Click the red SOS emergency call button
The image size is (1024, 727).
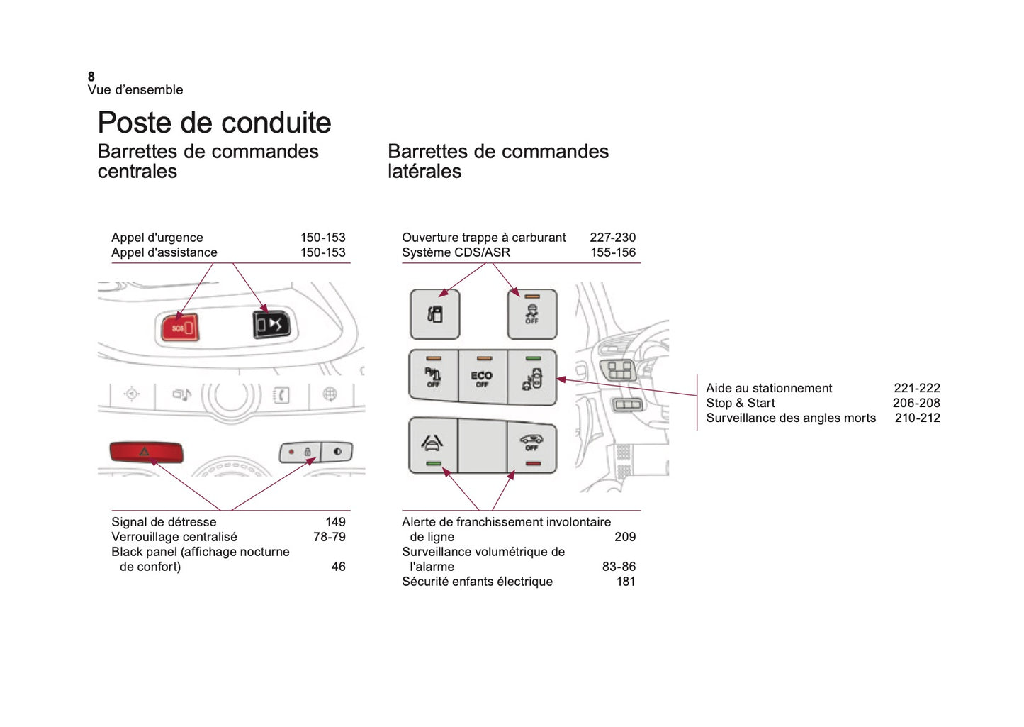pyautogui.click(x=180, y=328)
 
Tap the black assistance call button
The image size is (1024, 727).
pyautogui.click(x=271, y=325)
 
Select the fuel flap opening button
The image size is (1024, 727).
pyautogui.click(x=435, y=314)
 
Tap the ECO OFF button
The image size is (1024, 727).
pyautogui.click(x=482, y=377)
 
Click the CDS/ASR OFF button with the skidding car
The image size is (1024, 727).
pyautogui.click(x=531, y=314)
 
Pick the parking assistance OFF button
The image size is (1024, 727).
pyautogui.click(x=433, y=377)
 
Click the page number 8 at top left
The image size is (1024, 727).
pyautogui.click(x=91, y=77)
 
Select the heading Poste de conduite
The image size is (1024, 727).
pyautogui.click(x=214, y=123)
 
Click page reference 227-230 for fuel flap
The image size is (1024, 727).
pyautogui.click(x=612, y=238)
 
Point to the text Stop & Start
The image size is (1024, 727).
pyautogui.click(x=741, y=403)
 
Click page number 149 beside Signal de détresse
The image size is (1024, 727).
pyautogui.click(x=335, y=522)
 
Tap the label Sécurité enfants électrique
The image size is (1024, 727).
pyautogui.click(x=477, y=582)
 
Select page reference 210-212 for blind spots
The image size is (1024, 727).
pyautogui.click(x=917, y=418)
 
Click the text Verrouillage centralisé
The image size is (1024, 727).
pyautogui.click(x=174, y=537)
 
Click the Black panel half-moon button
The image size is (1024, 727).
pyautogui.click(x=337, y=451)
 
